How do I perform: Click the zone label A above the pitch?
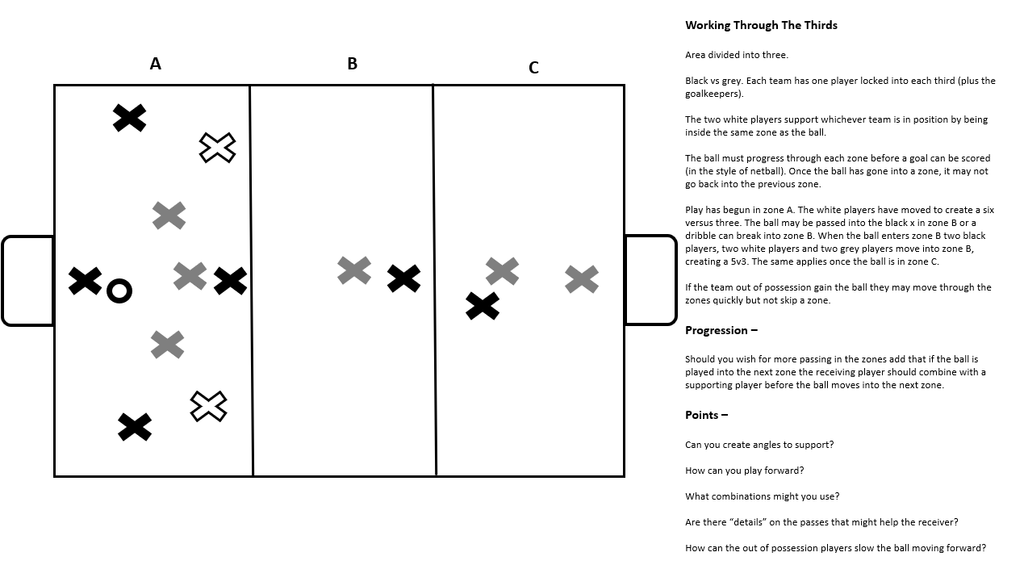(x=155, y=64)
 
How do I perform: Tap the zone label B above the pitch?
(x=352, y=64)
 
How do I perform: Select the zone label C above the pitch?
(x=533, y=68)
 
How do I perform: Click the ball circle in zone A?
(x=119, y=291)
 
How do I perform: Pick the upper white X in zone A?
(x=217, y=148)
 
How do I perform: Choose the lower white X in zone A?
(x=208, y=406)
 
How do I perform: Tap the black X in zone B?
(x=403, y=278)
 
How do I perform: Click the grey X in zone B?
(x=354, y=270)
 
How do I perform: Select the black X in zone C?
(x=483, y=306)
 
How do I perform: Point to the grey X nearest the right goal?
(x=582, y=279)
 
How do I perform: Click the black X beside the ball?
(x=85, y=281)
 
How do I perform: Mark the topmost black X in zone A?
(x=129, y=118)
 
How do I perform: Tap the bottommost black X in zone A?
(x=135, y=427)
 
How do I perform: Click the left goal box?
(x=27, y=281)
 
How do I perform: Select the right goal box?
(x=650, y=280)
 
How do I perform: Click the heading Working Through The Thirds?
(x=761, y=25)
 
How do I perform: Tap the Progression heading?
(x=721, y=330)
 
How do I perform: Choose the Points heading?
(x=706, y=415)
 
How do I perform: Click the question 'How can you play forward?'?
(x=744, y=471)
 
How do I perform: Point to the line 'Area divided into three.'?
(x=736, y=55)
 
